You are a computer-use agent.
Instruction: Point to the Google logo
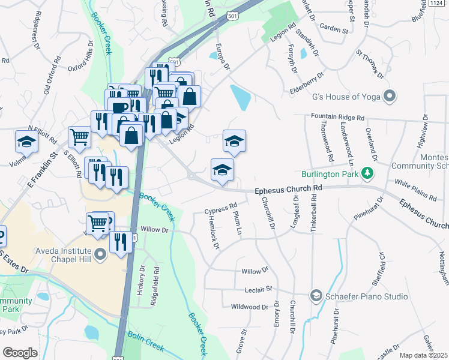point(20,352)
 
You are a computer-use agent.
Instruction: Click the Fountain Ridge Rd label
point(337,118)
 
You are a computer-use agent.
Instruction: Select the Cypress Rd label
point(220,210)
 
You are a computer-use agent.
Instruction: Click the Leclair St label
point(259,289)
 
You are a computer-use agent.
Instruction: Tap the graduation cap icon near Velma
point(26,141)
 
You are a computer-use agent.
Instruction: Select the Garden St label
point(334,28)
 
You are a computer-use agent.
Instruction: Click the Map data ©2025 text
point(424,355)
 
